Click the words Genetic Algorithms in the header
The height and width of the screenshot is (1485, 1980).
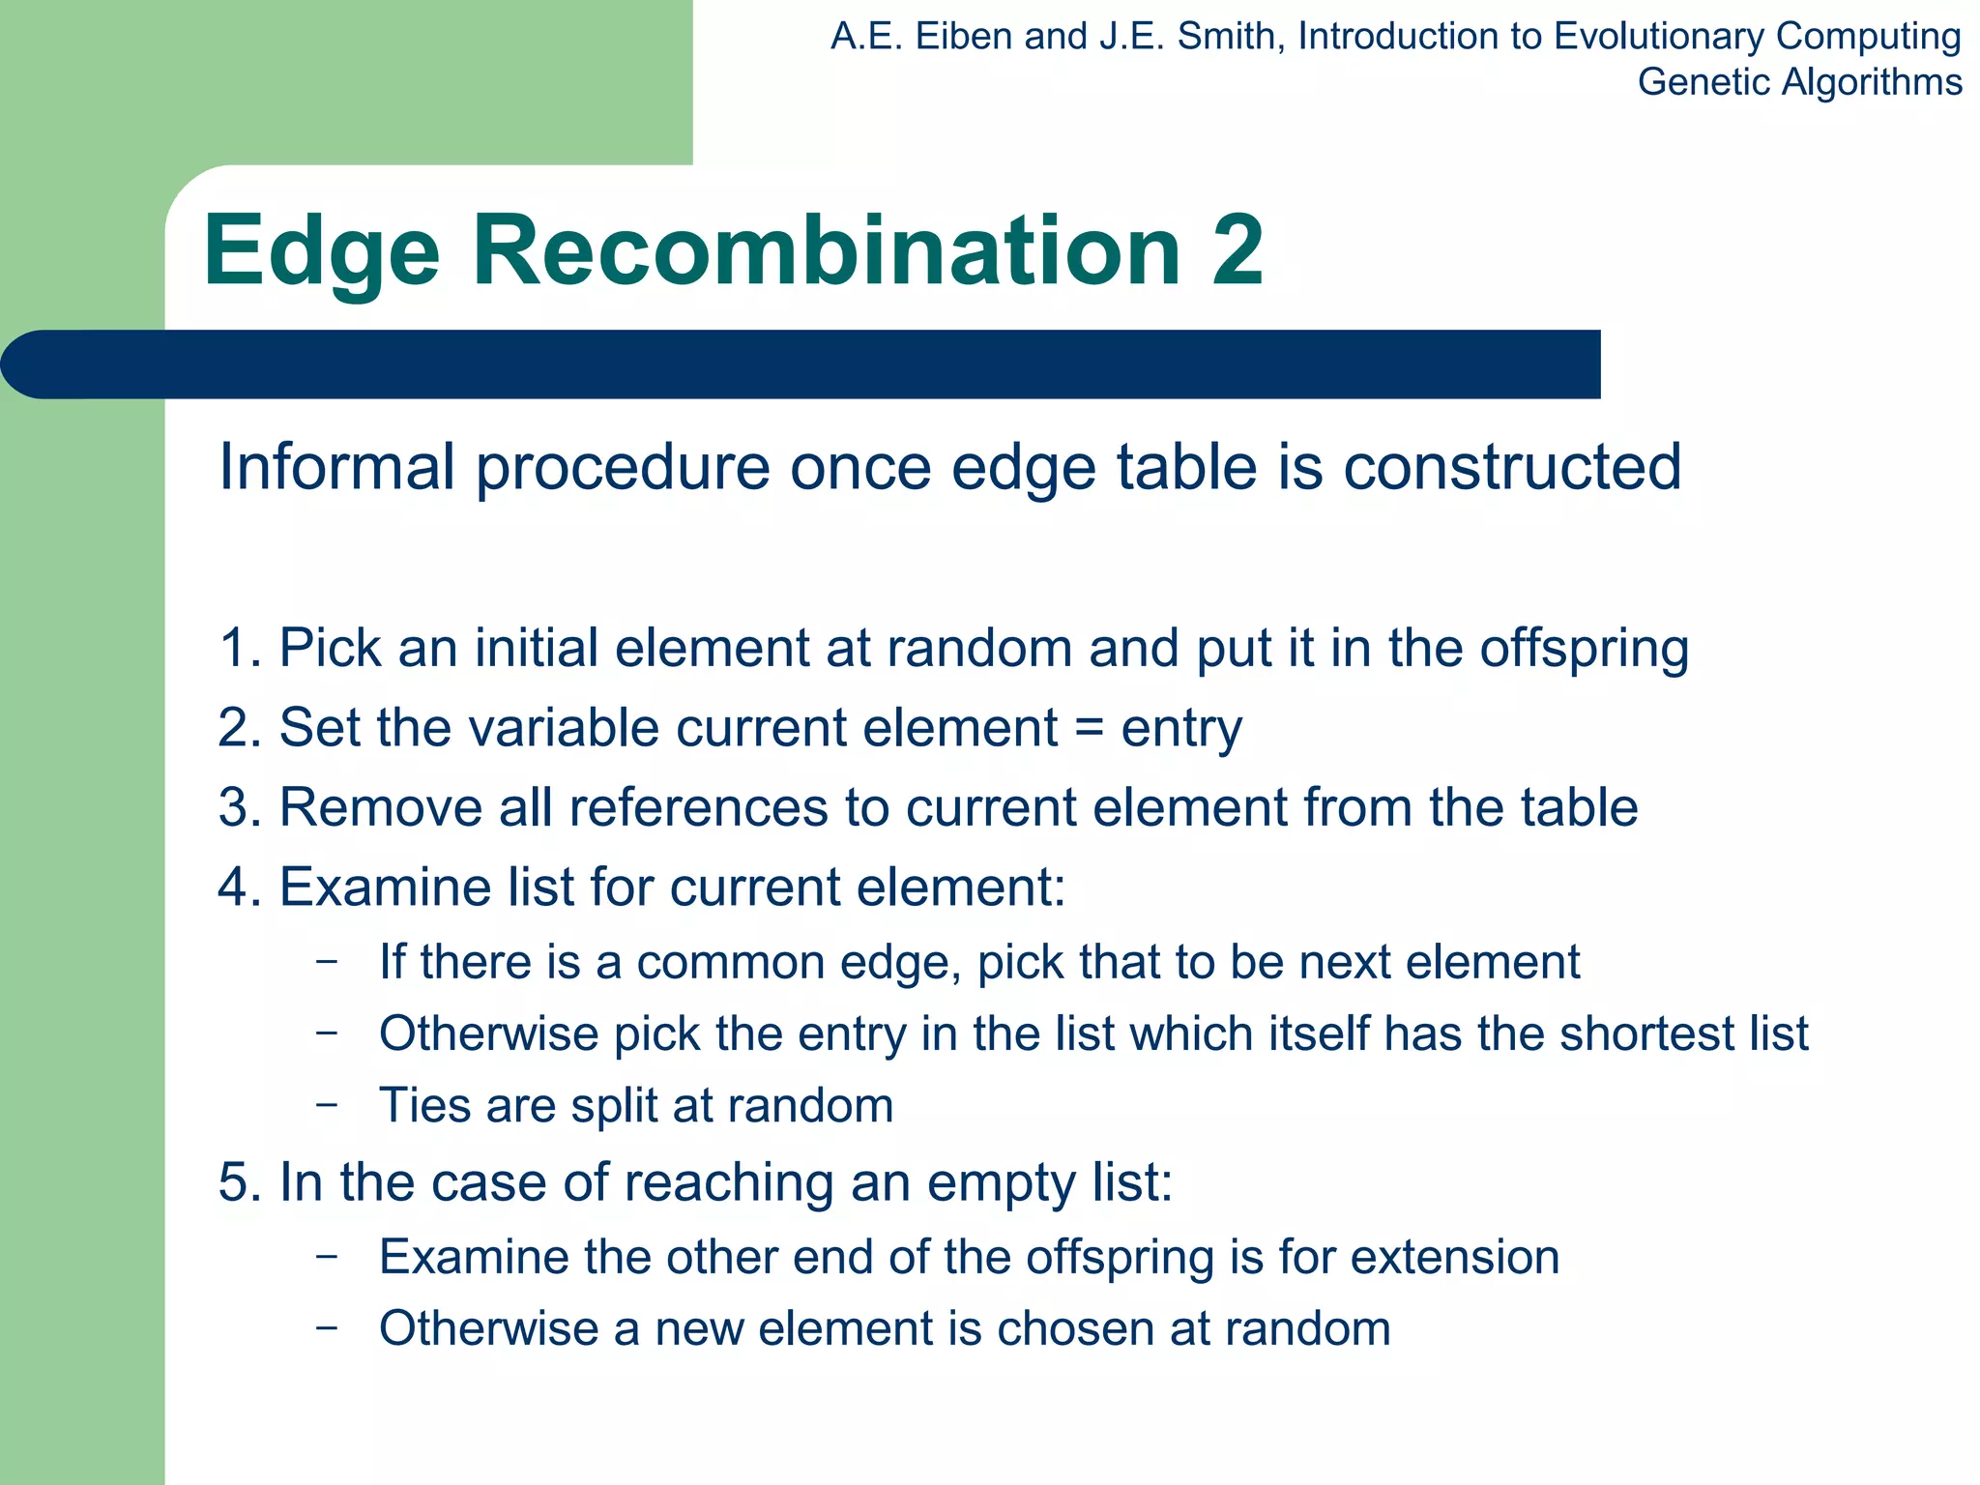(1799, 82)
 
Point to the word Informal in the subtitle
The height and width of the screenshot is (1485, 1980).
(337, 467)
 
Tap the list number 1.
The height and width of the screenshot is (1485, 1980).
(235, 648)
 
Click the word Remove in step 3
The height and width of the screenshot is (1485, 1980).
(380, 807)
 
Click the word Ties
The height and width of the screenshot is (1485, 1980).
(424, 1105)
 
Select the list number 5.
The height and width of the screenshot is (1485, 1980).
(235, 1182)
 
